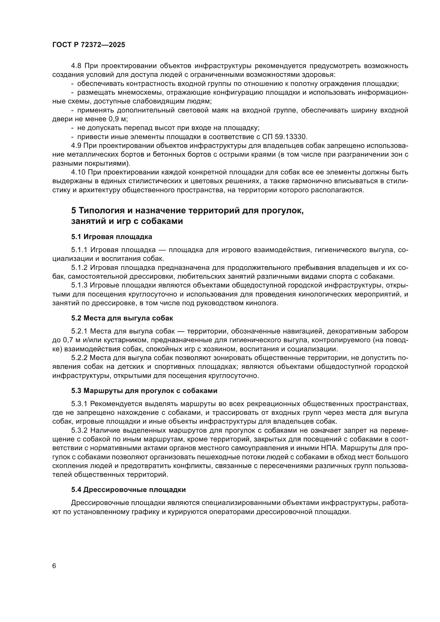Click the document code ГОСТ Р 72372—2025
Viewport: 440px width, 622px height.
click(89, 45)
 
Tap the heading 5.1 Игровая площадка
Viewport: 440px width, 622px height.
click(112, 237)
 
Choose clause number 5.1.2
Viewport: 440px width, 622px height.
click(79, 268)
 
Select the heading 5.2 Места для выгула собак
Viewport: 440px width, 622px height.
click(122, 318)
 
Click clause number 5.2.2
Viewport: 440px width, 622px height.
click(79, 358)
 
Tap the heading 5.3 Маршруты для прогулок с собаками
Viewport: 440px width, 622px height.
click(144, 391)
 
